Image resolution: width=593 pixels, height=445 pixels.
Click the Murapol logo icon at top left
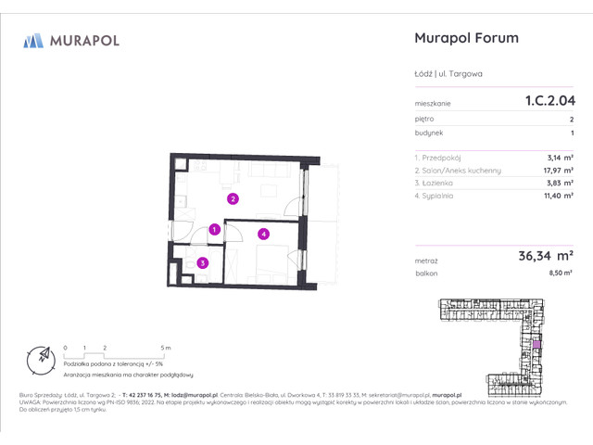(x=34, y=40)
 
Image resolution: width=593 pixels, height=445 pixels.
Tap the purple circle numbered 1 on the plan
(x=214, y=229)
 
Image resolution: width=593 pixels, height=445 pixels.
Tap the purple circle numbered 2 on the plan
(x=233, y=197)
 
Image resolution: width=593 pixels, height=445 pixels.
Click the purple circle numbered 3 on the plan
(x=202, y=263)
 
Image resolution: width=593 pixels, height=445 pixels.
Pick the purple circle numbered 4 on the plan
(x=263, y=235)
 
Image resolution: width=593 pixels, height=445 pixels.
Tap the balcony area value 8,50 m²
(x=560, y=274)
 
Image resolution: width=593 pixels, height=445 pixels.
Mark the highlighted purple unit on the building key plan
(x=536, y=344)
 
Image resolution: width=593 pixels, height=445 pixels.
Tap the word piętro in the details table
(x=424, y=120)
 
